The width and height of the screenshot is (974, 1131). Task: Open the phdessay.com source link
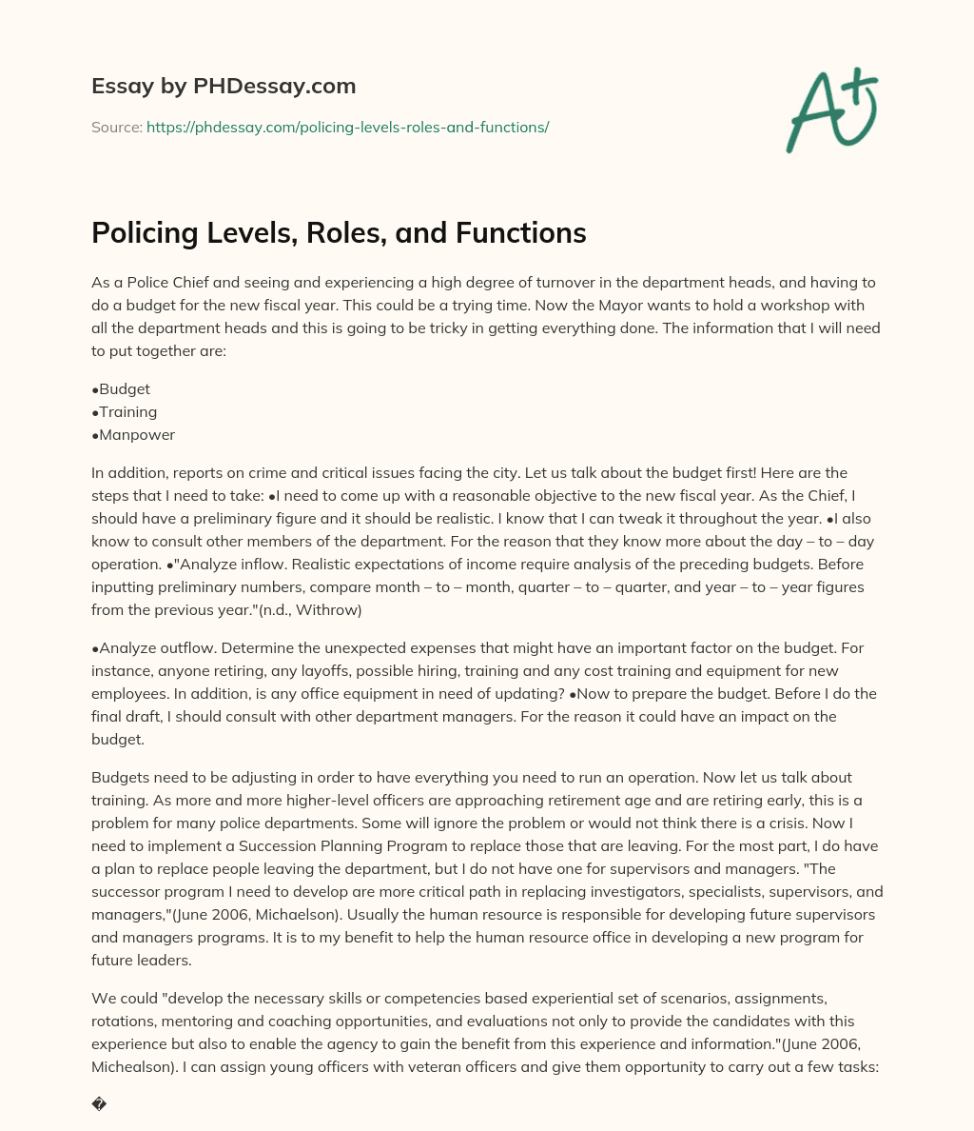pyautogui.click(x=347, y=127)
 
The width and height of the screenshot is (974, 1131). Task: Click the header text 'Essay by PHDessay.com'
pyautogui.click(x=224, y=86)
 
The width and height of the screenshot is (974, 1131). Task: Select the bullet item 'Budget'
pyautogui.click(x=124, y=389)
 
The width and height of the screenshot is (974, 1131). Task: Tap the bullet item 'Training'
pyautogui.click(x=127, y=412)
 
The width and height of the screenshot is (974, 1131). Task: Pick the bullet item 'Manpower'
pyautogui.click(x=136, y=435)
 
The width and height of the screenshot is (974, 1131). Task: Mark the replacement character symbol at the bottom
pyautogui.click(x=99, y=1105)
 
